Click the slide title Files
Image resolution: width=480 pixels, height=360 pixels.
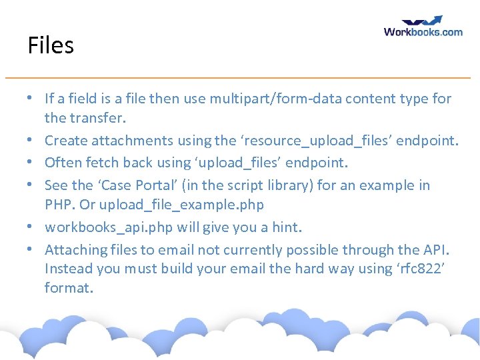(x=51, y=45)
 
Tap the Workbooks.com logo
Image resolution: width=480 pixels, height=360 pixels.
(x=423, y=27)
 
